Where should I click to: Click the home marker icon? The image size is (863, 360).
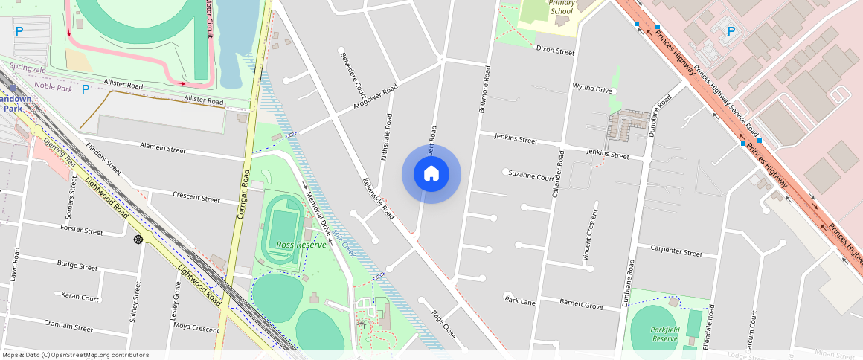431,174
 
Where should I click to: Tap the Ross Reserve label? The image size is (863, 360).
301,245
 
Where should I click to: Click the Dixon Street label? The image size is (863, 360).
556,51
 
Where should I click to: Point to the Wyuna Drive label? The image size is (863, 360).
592,89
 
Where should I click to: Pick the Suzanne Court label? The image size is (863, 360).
531,176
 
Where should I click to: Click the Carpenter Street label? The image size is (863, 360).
676,252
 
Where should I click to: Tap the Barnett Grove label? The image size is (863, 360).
581,305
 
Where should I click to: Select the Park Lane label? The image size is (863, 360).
520,300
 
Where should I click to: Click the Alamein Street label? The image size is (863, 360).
161,150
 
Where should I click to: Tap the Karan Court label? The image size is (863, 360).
80,298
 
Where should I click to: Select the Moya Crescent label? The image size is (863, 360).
196,328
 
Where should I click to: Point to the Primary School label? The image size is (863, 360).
561,7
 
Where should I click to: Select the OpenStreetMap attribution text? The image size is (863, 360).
75,355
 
